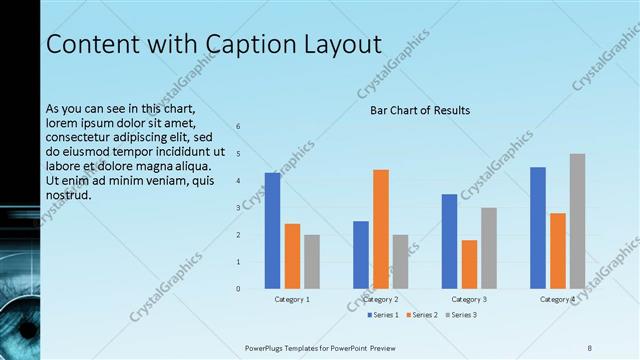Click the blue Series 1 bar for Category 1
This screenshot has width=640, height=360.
coord(272,231)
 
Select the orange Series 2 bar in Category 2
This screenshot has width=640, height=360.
coord(381,229)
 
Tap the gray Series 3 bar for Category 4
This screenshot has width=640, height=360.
coord(577,221)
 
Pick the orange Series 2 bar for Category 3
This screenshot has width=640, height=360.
coord(469,264)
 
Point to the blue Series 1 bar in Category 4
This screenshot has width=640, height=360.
coord(538,228)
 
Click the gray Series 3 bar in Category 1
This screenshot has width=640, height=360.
coord(312,262)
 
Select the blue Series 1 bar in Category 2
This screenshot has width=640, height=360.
coord(361,255)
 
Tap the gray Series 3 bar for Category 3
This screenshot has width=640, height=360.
coord(489,248)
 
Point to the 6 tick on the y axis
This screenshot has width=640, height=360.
coord(238,127)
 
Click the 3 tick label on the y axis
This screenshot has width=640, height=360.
coord(238,208)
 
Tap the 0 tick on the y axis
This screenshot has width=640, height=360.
coord(238,289)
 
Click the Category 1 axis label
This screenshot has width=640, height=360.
coord(292,299)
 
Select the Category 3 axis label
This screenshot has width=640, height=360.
coord(469,299)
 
